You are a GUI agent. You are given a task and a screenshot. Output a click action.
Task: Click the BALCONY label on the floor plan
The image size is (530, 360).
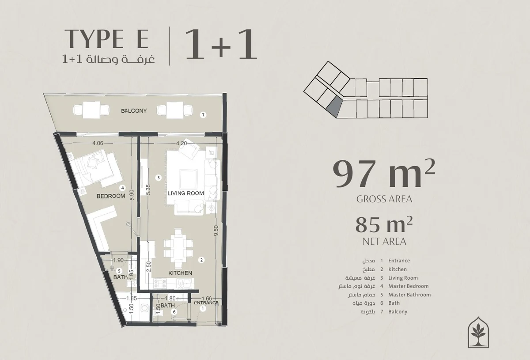134,111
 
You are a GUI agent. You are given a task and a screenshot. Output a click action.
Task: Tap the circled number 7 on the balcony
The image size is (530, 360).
203,115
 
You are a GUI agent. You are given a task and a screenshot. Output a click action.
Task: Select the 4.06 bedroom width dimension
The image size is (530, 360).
98,143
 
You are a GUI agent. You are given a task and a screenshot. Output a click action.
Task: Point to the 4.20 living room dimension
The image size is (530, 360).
182,143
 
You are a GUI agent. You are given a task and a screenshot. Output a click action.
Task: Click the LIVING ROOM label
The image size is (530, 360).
186,193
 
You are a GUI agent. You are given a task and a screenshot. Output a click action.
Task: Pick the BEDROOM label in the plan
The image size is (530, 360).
111,196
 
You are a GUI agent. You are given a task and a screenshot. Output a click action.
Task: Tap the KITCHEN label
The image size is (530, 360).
180,273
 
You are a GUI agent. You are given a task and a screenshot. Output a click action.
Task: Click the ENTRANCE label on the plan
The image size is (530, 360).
206,303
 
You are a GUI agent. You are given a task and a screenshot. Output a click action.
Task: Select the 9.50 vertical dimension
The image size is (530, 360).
216,231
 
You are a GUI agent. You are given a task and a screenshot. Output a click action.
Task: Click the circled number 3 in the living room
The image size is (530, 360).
159,178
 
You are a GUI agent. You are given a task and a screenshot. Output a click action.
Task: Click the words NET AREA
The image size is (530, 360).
384,242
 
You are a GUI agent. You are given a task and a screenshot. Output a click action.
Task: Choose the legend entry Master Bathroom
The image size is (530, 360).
409,295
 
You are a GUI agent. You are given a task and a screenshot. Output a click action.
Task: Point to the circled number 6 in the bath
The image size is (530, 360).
174,312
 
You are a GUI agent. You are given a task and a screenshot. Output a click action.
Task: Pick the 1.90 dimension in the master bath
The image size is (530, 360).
118,260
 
